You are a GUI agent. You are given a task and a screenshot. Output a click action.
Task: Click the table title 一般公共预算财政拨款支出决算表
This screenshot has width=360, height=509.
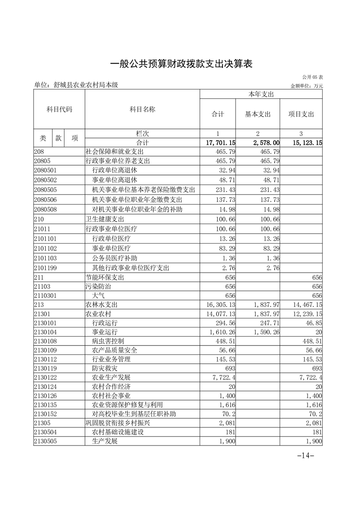(x=181, y=64)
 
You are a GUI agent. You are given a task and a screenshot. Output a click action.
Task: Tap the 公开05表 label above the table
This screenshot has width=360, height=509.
(x=311, y=78)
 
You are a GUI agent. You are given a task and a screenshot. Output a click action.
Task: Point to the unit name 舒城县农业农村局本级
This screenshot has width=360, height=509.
(x=76, y=85)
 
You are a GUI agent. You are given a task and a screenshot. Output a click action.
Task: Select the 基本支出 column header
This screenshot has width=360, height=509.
(x=257, y=114)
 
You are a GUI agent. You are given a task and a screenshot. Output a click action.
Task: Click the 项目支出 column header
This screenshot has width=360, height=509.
(x=301, y=114)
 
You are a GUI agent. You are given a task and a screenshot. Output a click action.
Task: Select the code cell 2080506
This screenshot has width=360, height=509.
(x=45, y=200)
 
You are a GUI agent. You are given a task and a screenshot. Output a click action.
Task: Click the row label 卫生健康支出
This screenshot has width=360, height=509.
(x=105, y=220)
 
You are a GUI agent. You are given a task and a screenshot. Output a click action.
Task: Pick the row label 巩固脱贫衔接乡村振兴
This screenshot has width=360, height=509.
(x=118, y=423)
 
